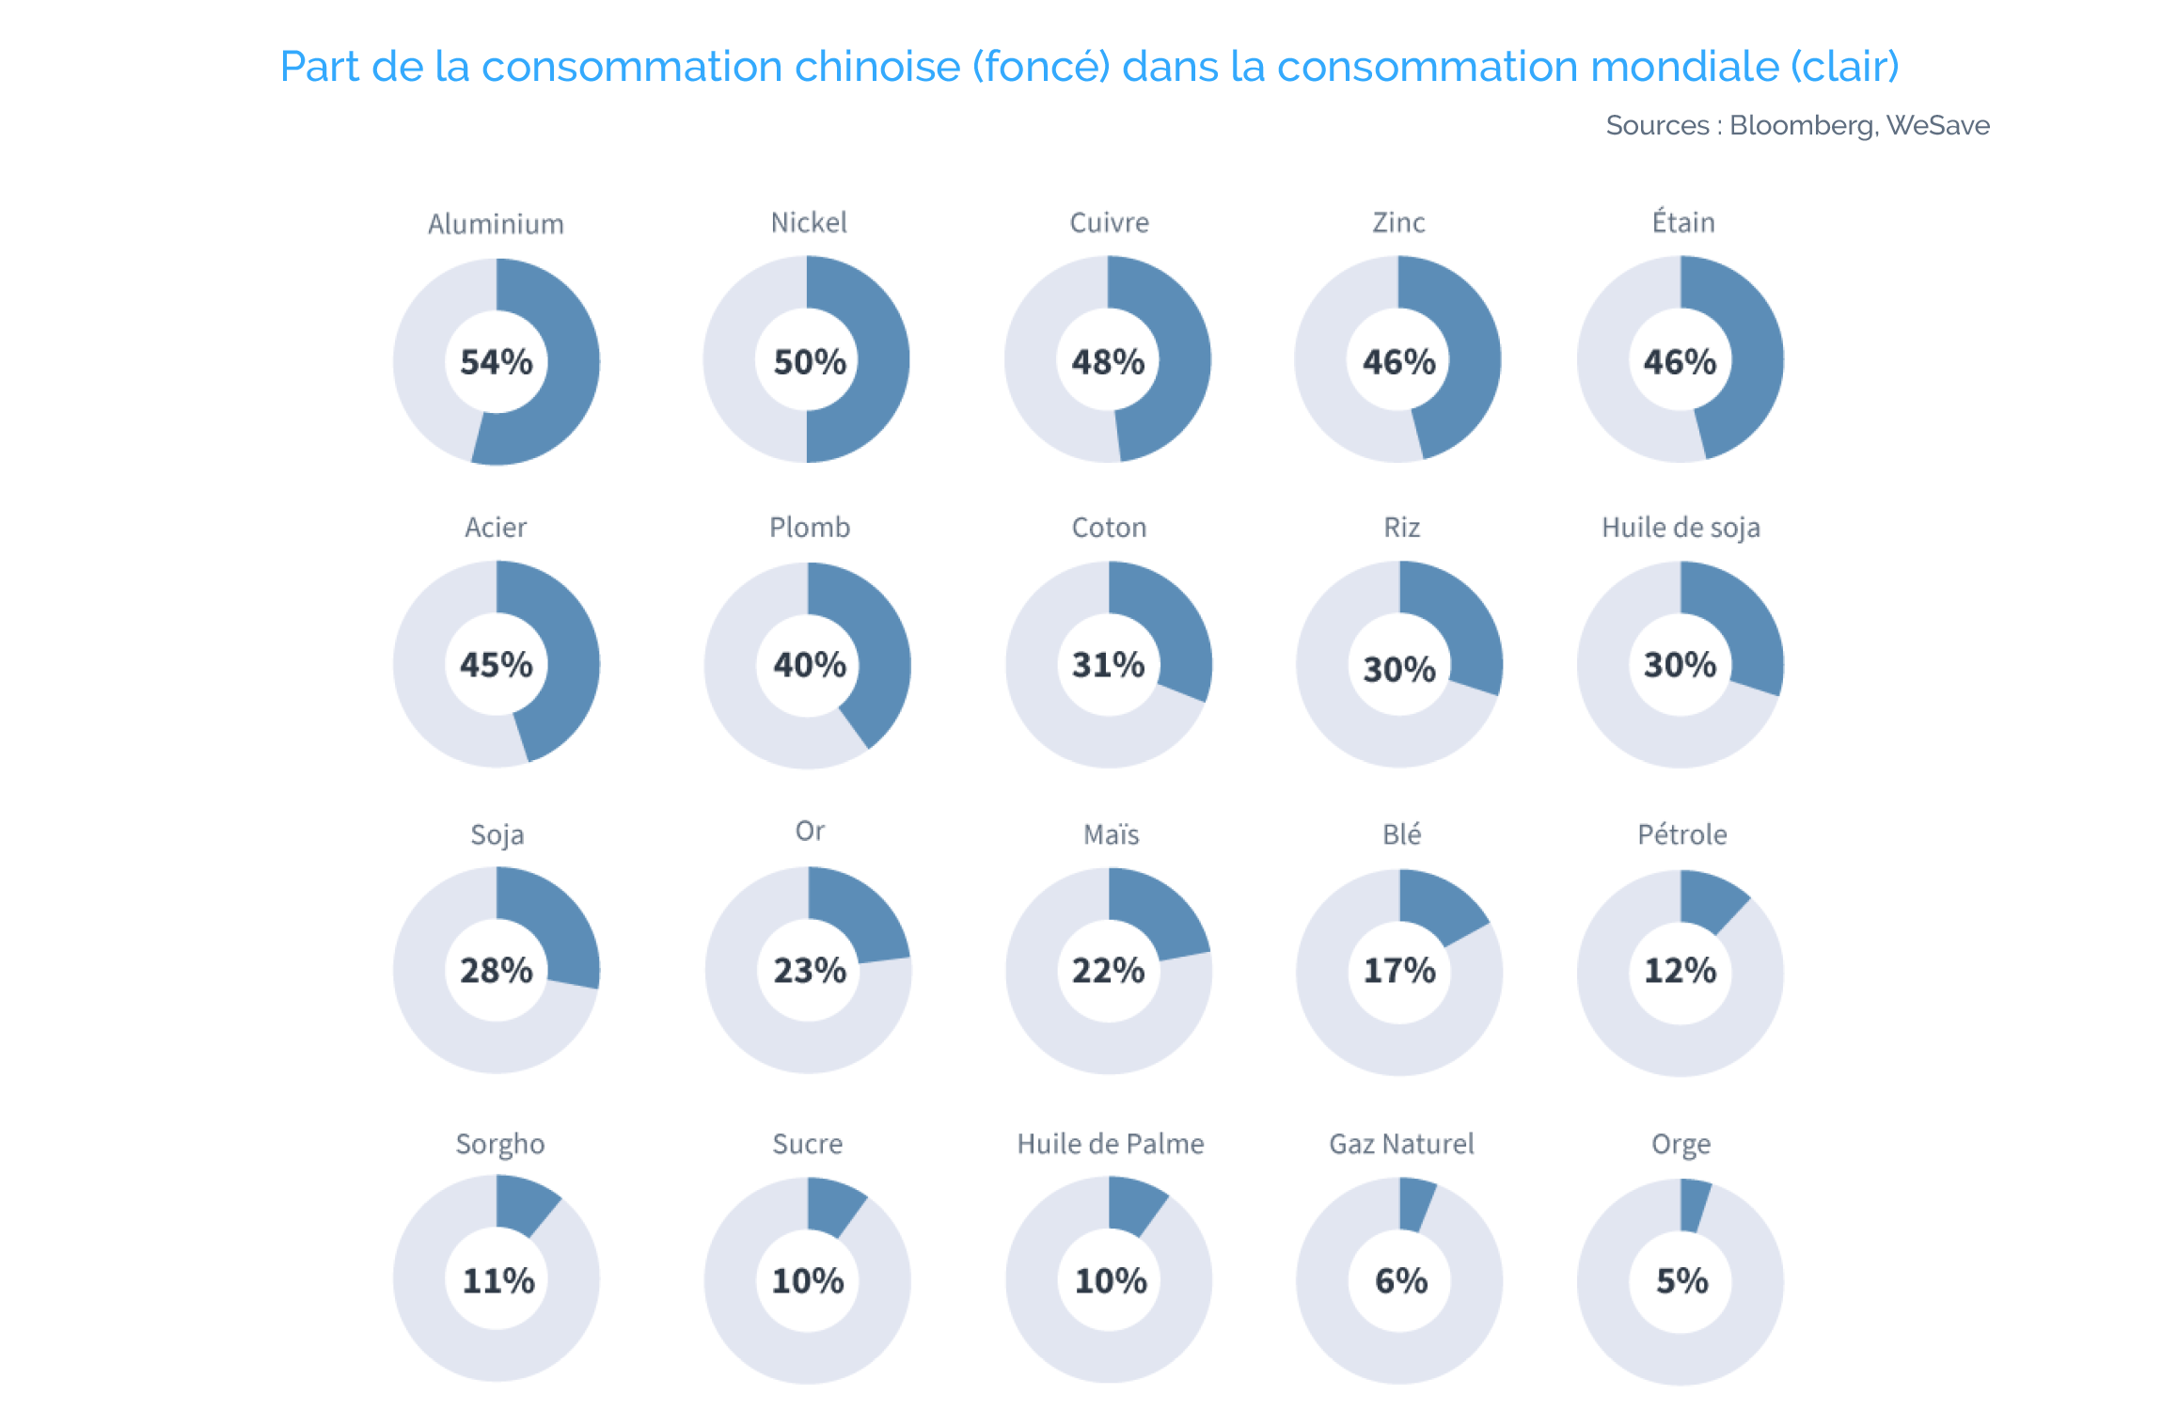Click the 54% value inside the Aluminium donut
click(496, 361)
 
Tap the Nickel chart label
click(809, 222)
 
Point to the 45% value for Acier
click(496, 664)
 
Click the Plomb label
click(810, 527)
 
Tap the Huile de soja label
click(1681, 528)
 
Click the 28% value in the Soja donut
click(496, 970)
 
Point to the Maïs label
click(1111, 834)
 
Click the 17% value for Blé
click(1399, 970)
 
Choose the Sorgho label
click(499, 1145)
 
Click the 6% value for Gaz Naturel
click(1401, 1280)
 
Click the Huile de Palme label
click(1111, 1144)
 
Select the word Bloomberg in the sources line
click(1804, 126)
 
